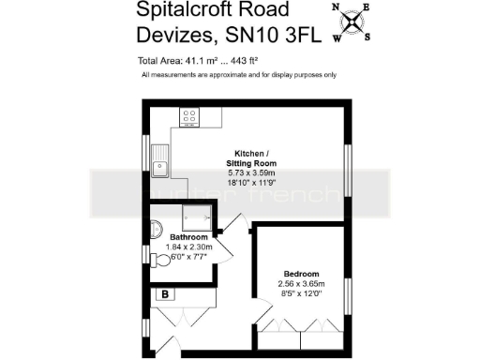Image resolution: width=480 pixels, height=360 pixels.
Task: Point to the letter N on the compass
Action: pos(337,7)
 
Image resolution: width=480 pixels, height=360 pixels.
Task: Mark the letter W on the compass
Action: pos(337,37)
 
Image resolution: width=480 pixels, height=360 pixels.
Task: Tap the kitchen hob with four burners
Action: pos(189,118)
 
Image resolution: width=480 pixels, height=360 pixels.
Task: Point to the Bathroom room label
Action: pos(188,239)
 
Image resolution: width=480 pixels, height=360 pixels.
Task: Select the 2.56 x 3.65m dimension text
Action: pos(301,284)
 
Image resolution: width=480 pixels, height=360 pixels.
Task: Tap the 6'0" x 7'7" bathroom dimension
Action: pos(188,258)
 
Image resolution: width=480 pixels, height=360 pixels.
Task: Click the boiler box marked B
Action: pos(167,293)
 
